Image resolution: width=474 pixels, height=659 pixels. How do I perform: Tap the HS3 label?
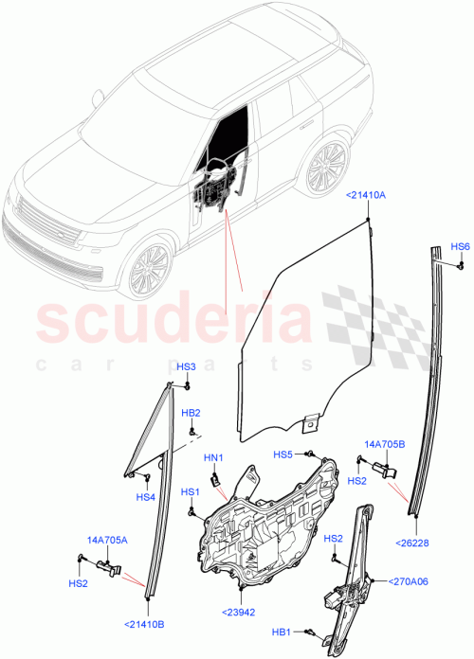[x=187, y=366]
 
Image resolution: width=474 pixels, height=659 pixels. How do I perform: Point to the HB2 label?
[x=191, y=413]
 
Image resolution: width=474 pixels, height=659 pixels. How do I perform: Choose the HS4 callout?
[x=145, y=497]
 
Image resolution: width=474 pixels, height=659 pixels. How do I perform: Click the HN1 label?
[x=213, y=458]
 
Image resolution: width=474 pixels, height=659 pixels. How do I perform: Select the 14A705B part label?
[x=384, y=443]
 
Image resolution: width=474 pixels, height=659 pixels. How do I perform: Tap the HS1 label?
[x=191, y=491]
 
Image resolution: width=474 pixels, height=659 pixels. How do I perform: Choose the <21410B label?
[x=144, y=623]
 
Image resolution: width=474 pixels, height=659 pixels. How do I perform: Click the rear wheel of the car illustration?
[x=325, y=169]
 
